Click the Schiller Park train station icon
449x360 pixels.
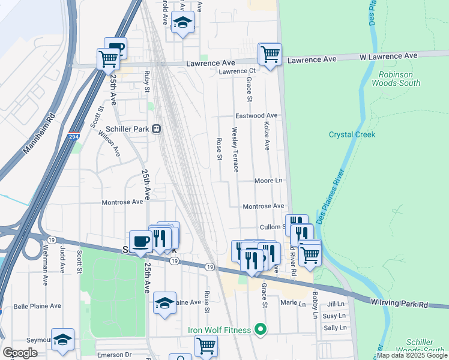(157, 128)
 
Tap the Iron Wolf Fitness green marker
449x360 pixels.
(260, 329)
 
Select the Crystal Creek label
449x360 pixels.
(352, 134)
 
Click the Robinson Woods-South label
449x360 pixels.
(396, 79)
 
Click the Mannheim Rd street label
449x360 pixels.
(38, 134)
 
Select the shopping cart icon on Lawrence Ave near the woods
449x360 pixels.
(270, 54)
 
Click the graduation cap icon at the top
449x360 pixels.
(182, 23)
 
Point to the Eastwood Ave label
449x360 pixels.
(257, 115)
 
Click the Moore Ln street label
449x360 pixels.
(268, 180)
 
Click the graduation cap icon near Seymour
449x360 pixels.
(62, 340)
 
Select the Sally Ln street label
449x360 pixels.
(335, 328)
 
